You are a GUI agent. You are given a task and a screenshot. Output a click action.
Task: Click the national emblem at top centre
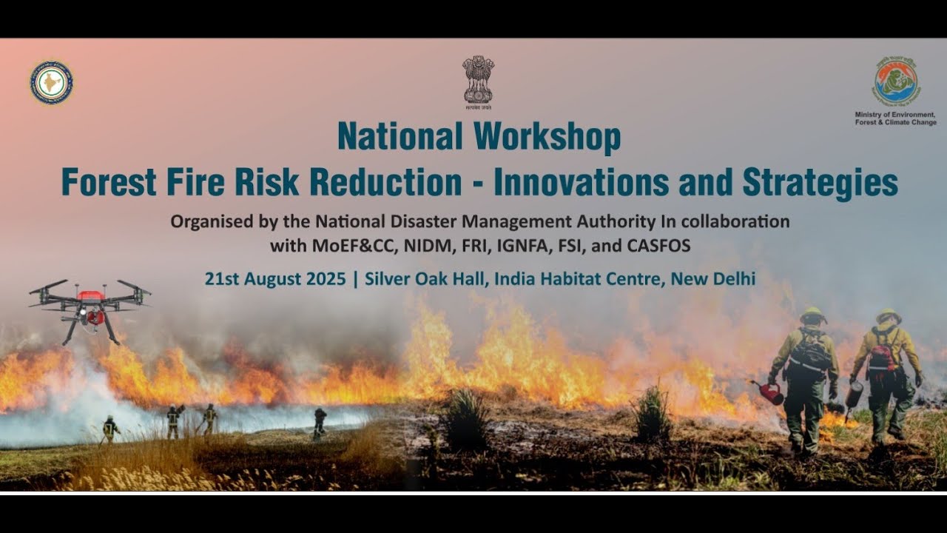coord(478,80)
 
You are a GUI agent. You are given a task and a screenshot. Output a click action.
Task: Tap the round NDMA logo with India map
coord(51,82)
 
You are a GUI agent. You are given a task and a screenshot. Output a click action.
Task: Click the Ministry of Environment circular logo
coord(895,81)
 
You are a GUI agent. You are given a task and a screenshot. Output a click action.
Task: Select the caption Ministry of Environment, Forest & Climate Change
coord(895,118)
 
